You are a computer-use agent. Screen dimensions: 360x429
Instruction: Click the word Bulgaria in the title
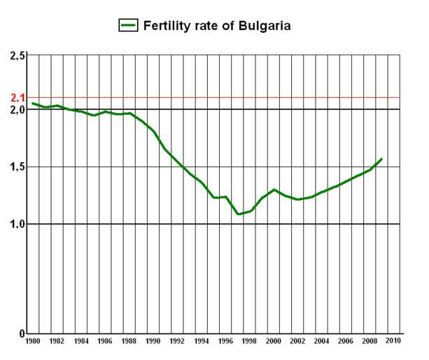tap(263, 25)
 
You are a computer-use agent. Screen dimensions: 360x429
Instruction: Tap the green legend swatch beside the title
tap(128, 25)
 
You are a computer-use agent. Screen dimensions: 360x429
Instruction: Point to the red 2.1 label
tap(17, 97)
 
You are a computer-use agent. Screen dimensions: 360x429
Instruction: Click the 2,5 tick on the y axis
tap(17, 55)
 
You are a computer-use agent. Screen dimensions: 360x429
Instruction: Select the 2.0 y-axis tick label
tap(17, 110)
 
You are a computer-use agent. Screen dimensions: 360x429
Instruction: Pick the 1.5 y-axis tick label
tap(17, 167)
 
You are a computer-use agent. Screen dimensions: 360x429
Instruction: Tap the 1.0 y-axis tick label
tap(17, 224)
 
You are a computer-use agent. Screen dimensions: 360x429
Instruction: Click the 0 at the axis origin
tap(22, 334)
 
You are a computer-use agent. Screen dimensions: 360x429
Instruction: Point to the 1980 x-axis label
tap(32, 341)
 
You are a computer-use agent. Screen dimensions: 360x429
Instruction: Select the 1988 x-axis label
tap(129, 341)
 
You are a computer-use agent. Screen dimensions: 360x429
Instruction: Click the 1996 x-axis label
tap(226, 341)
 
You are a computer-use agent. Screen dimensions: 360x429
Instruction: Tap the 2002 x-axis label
tap(298, 341)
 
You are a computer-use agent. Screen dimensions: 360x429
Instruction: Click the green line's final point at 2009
tap(382, 159)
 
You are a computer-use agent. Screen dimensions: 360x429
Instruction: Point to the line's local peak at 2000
tap(274, 189)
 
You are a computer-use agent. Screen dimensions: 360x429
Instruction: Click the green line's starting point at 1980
tap(32, 103)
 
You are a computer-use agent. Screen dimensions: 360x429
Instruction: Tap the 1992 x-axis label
tap(178, 341)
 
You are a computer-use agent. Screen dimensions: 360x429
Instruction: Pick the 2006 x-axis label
tap(346, 341)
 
